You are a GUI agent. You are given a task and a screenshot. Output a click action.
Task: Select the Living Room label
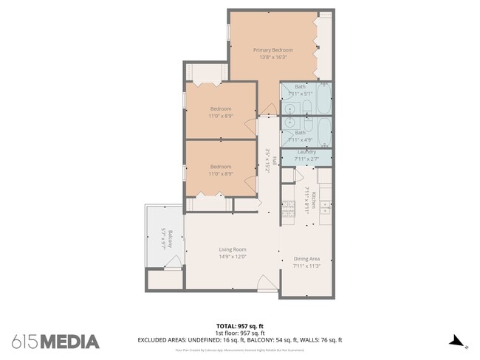click(232, 249)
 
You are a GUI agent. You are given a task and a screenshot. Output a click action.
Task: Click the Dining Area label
click(306, 259)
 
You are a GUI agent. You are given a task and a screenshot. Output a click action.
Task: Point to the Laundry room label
click(306, 152)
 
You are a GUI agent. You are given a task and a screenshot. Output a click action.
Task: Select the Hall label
click(273, 160)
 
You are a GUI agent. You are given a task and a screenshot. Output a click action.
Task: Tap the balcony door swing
click(173, 263)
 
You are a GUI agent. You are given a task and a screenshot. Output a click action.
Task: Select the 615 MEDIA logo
click(55, 341)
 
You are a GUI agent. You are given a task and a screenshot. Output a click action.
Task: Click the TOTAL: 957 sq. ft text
click(240, 325)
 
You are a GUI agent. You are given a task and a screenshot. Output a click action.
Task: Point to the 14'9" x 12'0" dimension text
click(232, 257)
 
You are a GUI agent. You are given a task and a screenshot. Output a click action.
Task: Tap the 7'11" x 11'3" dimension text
click(306, 266)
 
